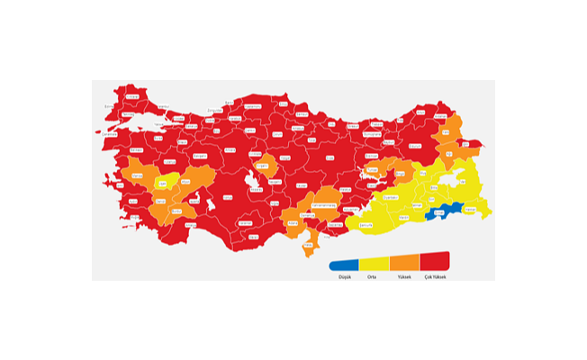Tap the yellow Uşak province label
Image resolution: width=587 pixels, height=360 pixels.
tap(163, 184)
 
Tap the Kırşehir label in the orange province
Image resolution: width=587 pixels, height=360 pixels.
tap(265, 165)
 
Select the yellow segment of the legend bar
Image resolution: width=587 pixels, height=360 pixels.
tap(375, 265)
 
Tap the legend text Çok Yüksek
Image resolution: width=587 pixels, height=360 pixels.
tap(434, 276)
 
